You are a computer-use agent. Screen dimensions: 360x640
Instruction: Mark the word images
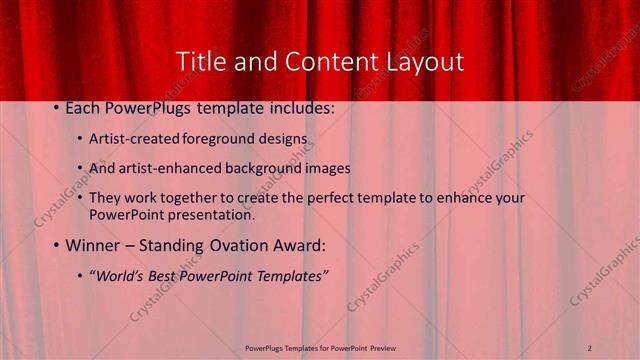coord(328,168)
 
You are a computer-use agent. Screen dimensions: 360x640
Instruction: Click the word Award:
coord(298,245)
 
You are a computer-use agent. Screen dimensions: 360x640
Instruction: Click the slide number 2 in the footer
coord(590,347)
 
